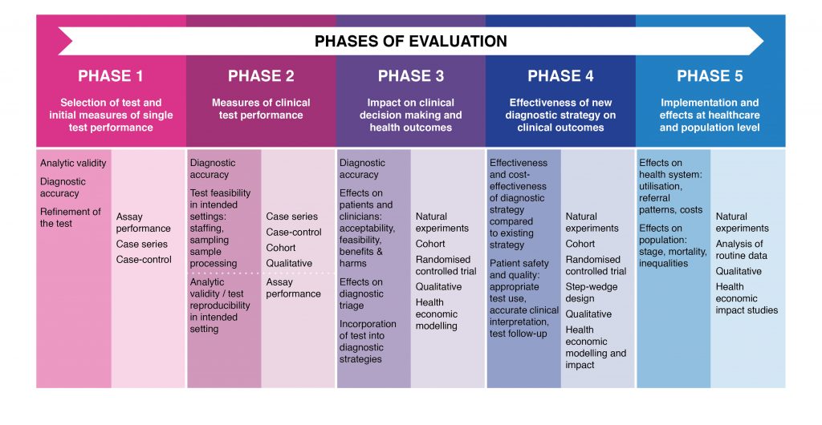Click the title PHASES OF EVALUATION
(x=410, y=42)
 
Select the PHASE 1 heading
(x=111, y=76)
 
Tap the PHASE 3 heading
(x=411, y=76)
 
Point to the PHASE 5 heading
(x=710, y=76)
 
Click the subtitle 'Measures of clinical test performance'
(x=261, y=109)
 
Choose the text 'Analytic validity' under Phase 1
(x=73, y=164)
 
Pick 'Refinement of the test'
(x=71, y=218)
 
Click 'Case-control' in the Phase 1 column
(x=144, y=260)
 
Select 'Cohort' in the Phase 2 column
(x=281, y=248)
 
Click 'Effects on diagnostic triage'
(x=361, y=293)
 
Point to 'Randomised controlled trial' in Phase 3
(x=446, y=265)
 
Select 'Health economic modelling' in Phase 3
(x=437, y=314)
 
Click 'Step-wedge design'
(x=592, y=293)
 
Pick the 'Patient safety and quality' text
(x=519, y=269)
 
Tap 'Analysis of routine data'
(x=741, y=249)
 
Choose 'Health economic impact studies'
(x=747, y=298)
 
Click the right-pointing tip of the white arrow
(x=763, y=41)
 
